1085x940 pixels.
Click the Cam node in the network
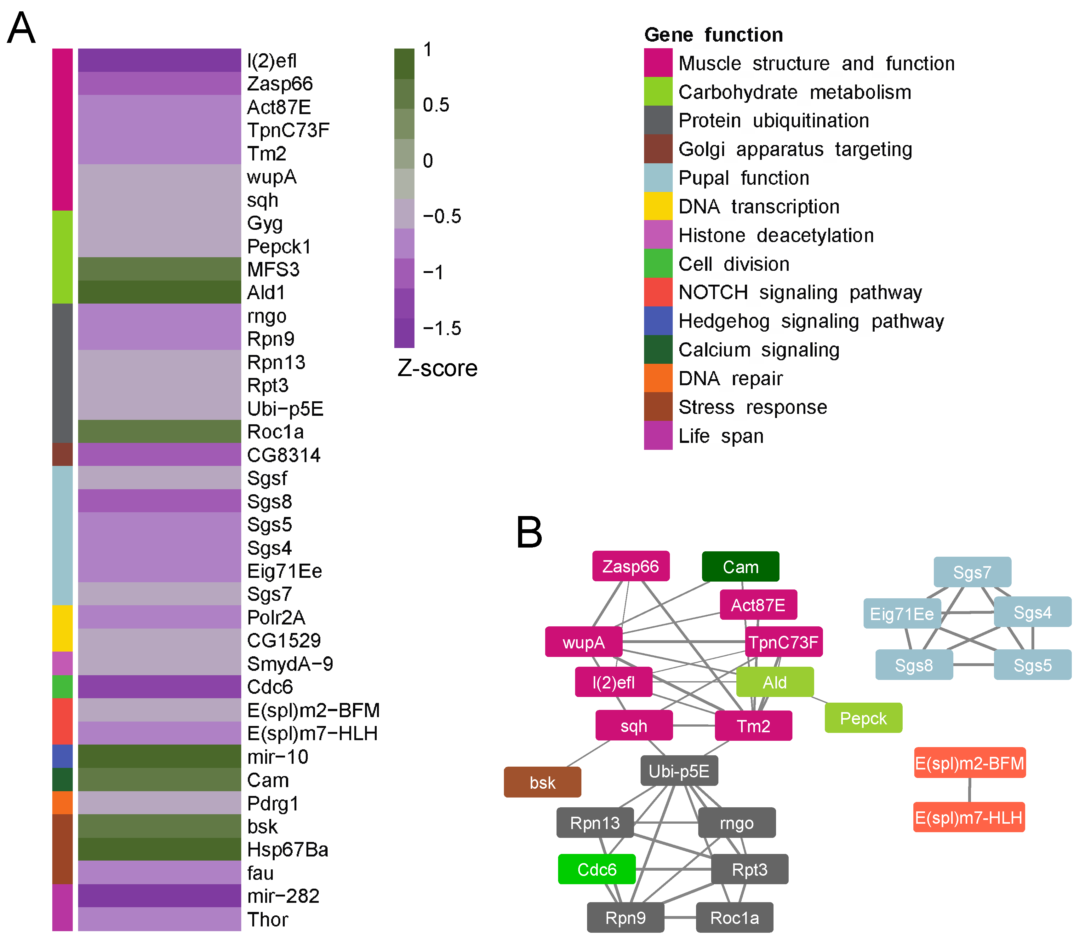pos(740,566)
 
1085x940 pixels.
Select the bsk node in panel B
pos(542,782)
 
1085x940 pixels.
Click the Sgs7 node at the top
pos(972,572)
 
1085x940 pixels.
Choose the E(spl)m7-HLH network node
pos(969,817)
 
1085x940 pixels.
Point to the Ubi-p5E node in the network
pos(679,771)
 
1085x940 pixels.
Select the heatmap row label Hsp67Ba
pos(287,849)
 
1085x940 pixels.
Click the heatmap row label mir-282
pos(283,896)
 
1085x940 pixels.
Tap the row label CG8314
pos(283,455)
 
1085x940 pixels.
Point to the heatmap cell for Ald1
pos(159,292)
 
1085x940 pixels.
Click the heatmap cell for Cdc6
pos(159,687)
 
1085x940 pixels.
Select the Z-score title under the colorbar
pos(437,368)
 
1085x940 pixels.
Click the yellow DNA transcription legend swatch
pos(658,206)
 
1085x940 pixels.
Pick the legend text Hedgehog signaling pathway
pos(811,321)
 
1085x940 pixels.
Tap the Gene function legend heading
pos(713,35)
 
